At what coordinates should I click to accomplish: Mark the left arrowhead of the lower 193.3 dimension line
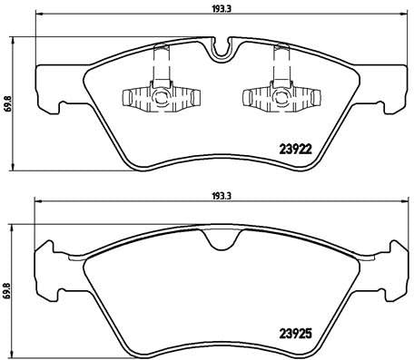(x=37, y=203)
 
